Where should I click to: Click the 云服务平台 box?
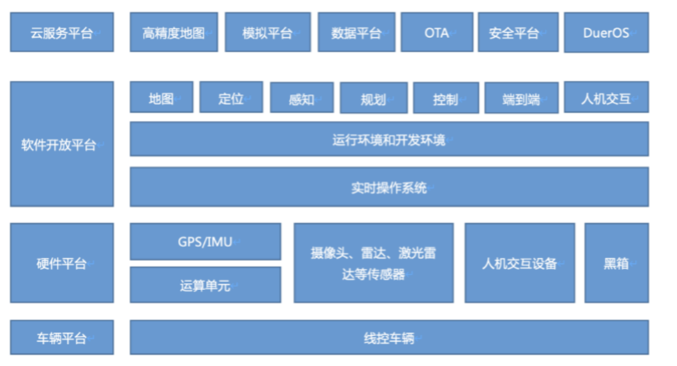(x=62, y=33)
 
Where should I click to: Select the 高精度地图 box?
(x=174, y=33)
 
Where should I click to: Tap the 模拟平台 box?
(x=267, y=33)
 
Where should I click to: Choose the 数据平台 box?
(x=356, y=33)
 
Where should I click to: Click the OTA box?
(x=436, y=33)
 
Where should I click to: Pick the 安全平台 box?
(x=518, y=33)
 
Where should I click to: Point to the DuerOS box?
(x=606, y=33)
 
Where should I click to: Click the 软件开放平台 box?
(x=62, y=144)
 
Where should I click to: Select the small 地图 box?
(x=161, y=98)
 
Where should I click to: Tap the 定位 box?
(x=232, y=98)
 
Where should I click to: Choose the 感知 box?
(x=302, y=98)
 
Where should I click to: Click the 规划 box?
(x=374, y=98)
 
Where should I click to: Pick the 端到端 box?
(x=522, y=98)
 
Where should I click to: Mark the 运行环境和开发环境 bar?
(x=389, y=139)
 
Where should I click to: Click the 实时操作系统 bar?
(x=389, y=187)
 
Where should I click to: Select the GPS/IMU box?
(x=206, y=241)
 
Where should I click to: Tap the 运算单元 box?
(x=206, y=285)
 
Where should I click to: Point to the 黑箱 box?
(x=616, y=262)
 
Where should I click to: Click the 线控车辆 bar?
(x=389, y=338)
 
